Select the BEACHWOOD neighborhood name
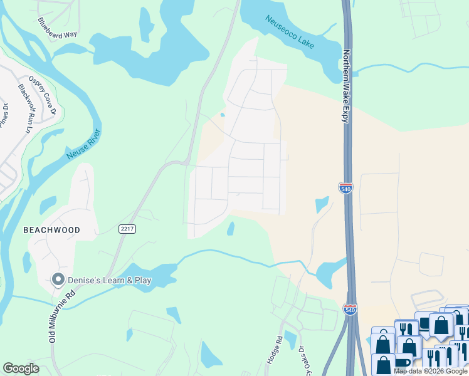(51, 230)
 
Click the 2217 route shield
(127, 229)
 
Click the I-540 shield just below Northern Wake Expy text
(345, 187)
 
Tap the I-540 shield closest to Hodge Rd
(351, 310)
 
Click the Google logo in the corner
(21, 368)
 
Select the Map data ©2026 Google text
(430, 371)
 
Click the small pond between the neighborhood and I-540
(322, 204)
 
